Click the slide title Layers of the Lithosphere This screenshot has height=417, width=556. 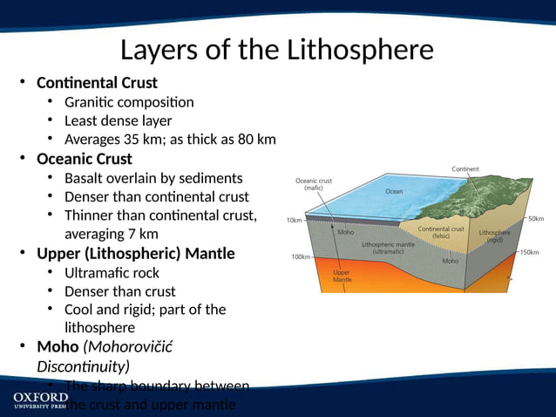pos(276,50)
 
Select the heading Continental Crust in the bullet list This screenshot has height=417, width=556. pos(97,83)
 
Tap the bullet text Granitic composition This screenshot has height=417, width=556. pos(129,102)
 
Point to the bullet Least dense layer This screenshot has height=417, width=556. pos(118,121)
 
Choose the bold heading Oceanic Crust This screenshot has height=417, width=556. pos(85,159)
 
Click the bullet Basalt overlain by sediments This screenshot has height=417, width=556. pos(153,178)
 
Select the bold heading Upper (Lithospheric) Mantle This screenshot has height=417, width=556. pos(135,254)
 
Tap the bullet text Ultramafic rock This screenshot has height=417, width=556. pos(112,273)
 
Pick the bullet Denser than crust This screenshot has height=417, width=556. pos(119,291)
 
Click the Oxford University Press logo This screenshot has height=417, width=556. pos(39,400)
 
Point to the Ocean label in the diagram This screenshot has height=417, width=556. pos(394,191)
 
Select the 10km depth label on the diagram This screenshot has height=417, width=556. pos(295,220)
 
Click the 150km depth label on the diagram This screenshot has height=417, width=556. pos(529,252)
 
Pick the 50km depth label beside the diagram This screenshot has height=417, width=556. pos(535,218)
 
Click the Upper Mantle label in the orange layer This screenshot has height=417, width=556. pos(342,275)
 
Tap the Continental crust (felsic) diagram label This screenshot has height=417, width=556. pos(440,233)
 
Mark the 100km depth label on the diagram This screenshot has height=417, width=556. pos(302,256)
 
